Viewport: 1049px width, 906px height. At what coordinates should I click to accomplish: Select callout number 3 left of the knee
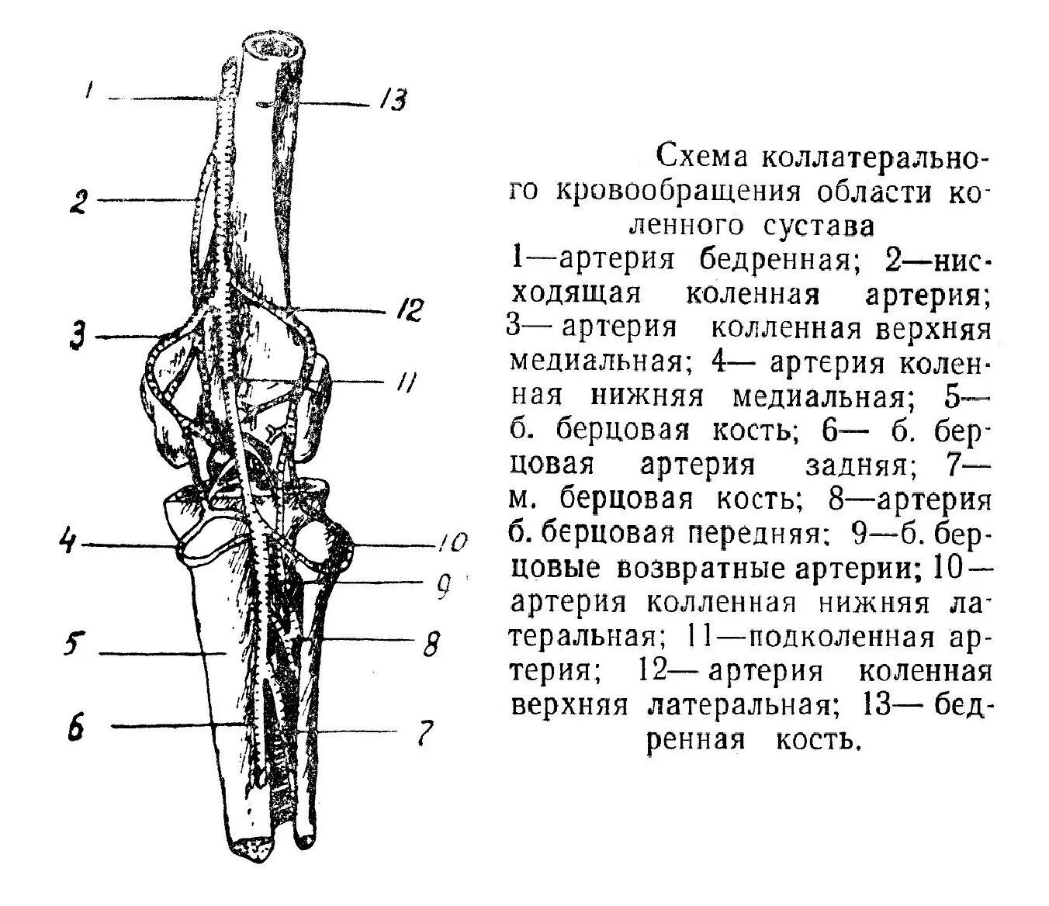tap(77, 337)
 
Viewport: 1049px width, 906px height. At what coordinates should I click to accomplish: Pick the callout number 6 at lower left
tap(76, 728)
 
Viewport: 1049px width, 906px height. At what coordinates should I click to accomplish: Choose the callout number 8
tap(431, 643)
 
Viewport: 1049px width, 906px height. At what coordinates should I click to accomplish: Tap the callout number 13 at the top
tap(394, 100)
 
